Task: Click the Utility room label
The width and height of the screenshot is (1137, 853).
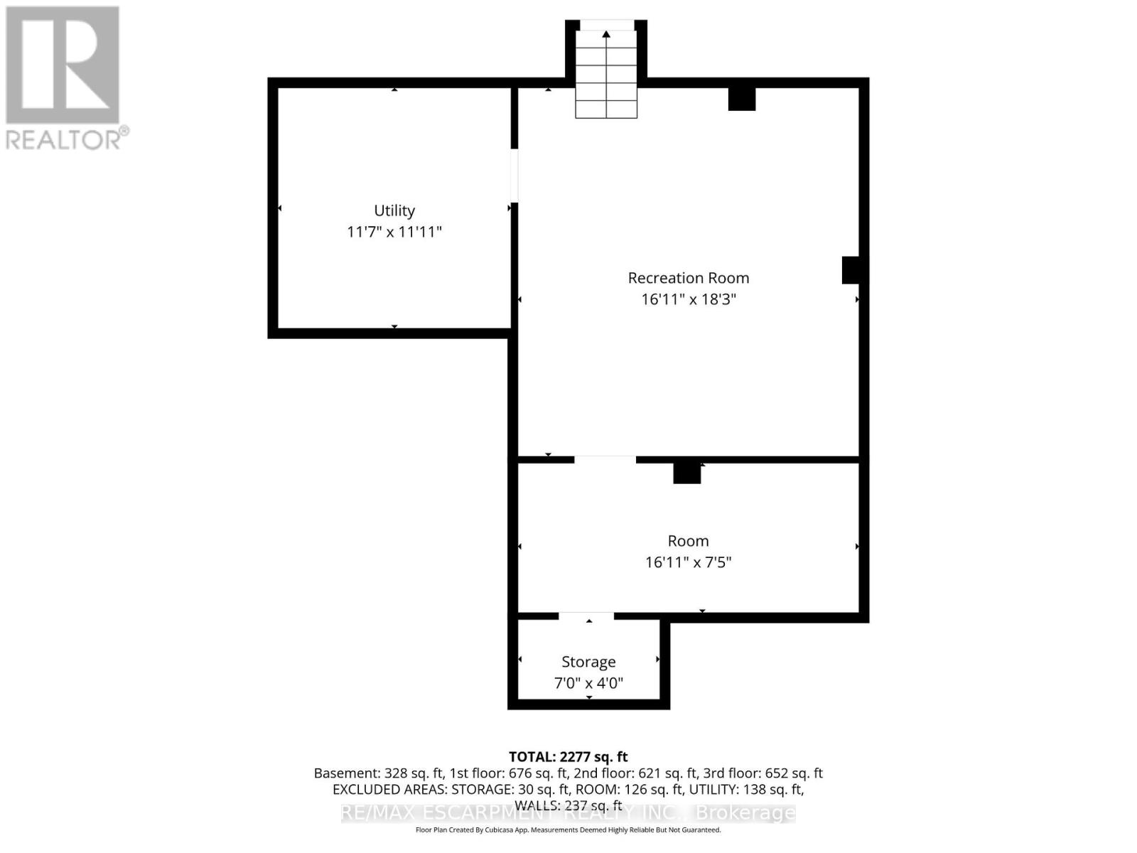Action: (394, 210)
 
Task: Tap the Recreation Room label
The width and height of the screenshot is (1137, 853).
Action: (688, 278)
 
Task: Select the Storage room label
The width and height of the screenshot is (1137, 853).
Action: (588, 662)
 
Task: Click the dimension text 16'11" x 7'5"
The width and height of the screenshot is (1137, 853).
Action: (688, 562)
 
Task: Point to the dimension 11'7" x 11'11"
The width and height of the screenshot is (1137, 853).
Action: (394, 232)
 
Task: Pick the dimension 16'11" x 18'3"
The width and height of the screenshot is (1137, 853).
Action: (688, 299)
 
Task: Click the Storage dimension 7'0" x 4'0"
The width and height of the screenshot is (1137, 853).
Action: (588, 683)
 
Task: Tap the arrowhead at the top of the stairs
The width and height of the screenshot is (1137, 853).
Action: (606, 34)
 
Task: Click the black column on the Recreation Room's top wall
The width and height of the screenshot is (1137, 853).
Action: (742, 99)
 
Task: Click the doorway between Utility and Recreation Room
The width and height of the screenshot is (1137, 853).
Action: (514, 176)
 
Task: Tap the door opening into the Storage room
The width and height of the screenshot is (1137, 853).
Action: (586, 616)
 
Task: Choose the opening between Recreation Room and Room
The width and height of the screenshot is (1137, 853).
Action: (605, 460)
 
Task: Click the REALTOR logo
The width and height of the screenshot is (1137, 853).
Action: (64, 78)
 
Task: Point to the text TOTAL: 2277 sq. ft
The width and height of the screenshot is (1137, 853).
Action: (568, 757)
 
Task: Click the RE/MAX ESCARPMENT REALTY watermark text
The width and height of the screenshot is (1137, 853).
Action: (568, 812)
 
